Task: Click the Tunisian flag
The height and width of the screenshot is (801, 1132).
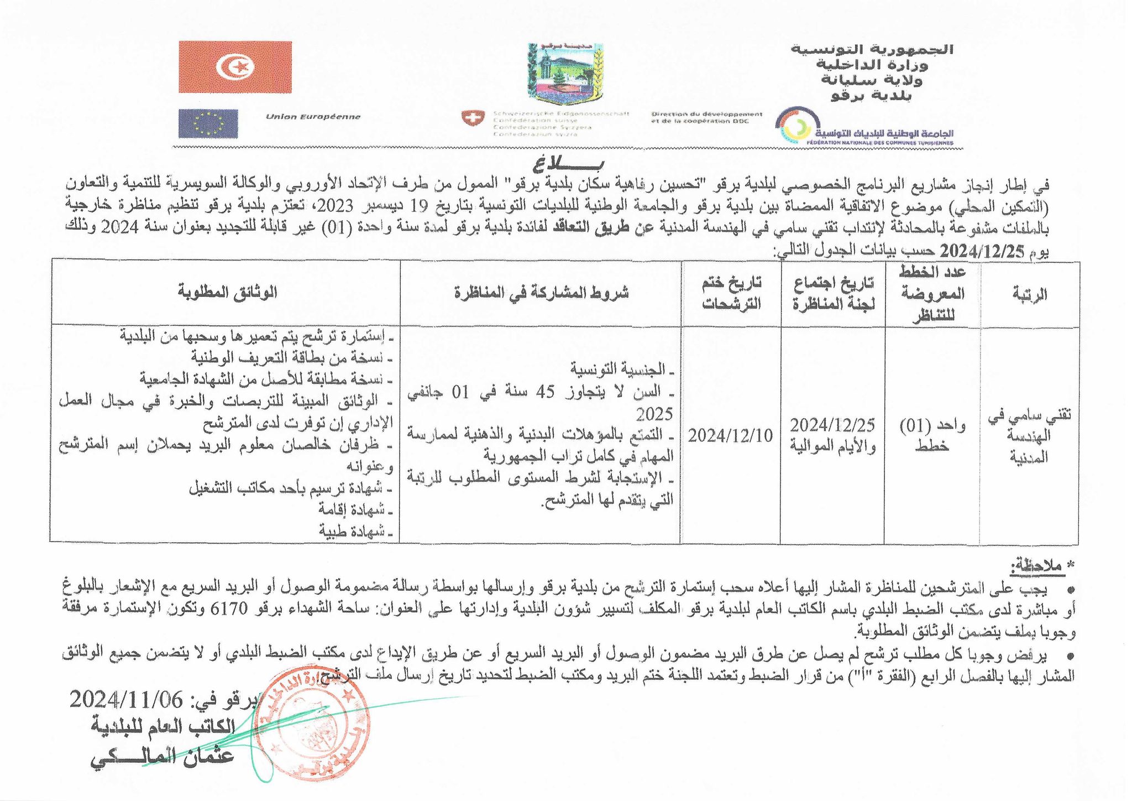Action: click(x=235, y=67)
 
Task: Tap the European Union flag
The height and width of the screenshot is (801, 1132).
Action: click(x=208, y=123)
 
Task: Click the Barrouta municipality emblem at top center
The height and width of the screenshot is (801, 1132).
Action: click(x=565, y=74)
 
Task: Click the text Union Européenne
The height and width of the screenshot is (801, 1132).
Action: click(x=313, y=117)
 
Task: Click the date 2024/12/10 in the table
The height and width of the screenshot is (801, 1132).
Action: click(x=730, y=436)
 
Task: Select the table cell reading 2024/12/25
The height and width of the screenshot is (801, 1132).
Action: click(x=832, y=425)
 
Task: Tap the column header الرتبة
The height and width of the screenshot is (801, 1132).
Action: click(x=1029, y=294)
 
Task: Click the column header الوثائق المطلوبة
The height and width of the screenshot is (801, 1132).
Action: click(x=227, y=292)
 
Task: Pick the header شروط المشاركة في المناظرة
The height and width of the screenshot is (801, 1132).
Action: click(x=542, y=293)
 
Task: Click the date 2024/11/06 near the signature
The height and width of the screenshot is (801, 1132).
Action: click(x=126, y=700)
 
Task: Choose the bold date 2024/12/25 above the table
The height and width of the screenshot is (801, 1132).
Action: click(x=982, y=252)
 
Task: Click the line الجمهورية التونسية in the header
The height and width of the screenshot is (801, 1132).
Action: click(x=872, y=49)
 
